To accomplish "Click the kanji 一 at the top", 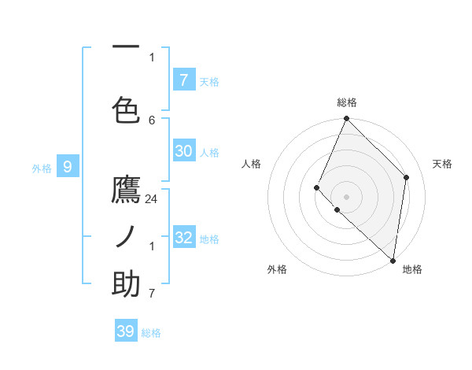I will (x=126, y=47).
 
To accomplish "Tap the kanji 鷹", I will (x=126, y=191).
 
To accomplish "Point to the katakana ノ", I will (x=126, y=237).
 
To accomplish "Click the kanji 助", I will (x=126, y=284).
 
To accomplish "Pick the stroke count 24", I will (x=152, y=199).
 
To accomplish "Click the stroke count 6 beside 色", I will (x=152, y=120).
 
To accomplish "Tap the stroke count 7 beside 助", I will (x=152, y=294).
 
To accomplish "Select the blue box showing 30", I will (x=184, y=151).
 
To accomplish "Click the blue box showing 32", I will (x=184, y=238).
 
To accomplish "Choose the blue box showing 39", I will (x=126, y=331).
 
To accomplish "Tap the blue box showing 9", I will (x=68, y=166).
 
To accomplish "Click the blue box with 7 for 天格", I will (x=184, y=80).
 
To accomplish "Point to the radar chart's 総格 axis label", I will (x=347, y=102).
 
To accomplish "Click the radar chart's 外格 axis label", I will (x=277, y=270).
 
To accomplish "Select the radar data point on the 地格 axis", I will (x=393, y=260).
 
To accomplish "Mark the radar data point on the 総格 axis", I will (x=347, y=119).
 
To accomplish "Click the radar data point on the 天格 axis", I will (x=407, y=177).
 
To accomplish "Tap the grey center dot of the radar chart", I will (x=347, y=196).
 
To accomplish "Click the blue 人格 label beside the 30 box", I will (x=209, y=152).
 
